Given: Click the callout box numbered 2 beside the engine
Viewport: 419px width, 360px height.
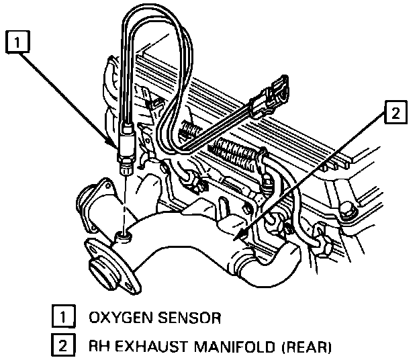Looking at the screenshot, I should tap(395, 114).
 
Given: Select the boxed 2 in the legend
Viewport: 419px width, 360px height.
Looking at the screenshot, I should tap(60, 347).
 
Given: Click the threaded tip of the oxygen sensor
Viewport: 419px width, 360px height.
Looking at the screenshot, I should tap(125, 168).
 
